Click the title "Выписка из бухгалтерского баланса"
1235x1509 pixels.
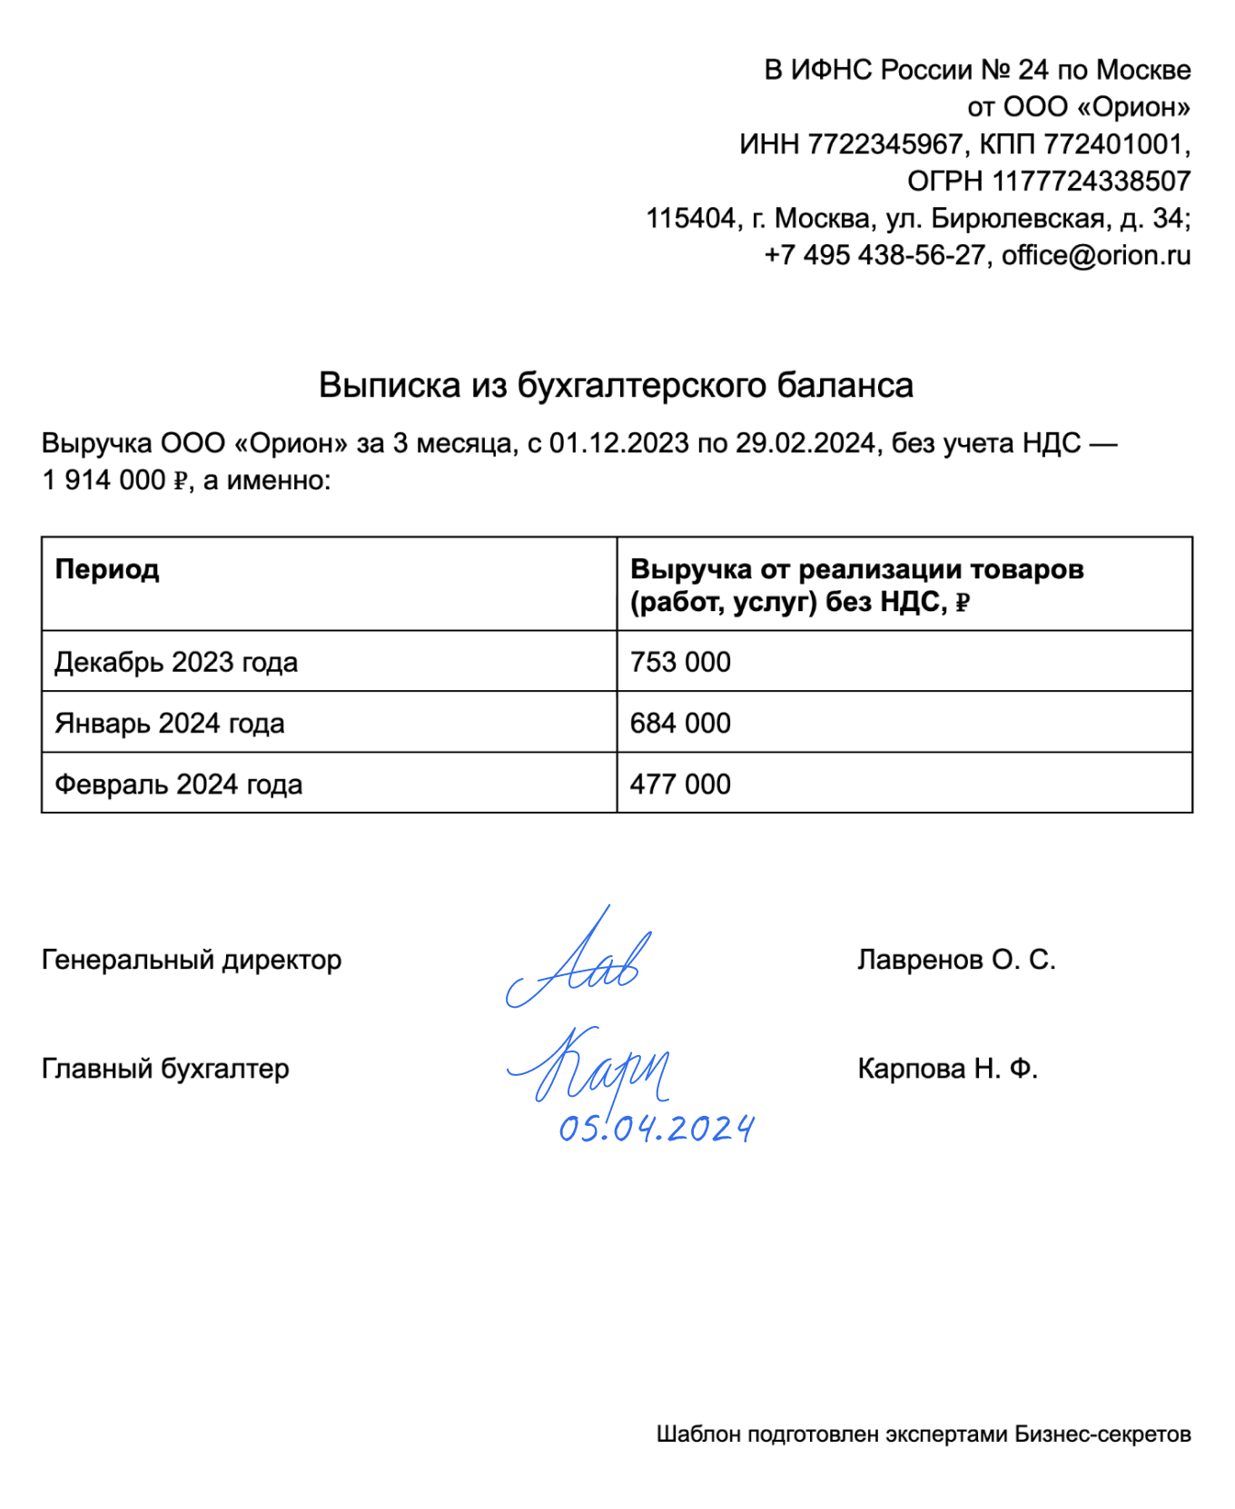tap(616, 385)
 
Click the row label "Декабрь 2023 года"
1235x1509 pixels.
tap(176, 662)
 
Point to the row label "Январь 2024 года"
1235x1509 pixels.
tap(170, 723)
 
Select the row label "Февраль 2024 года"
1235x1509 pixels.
tap(179, 784)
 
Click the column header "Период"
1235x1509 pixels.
tap(107, 569)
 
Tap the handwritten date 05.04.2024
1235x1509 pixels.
tap(656, 1129)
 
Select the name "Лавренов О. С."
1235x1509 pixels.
tap(956, 960)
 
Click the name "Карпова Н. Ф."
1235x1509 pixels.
tap(947, 1069)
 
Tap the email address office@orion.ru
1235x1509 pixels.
tap(1096, 255)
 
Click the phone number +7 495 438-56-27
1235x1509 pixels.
tap(874, 255)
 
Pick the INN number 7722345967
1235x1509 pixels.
tap(884, 144)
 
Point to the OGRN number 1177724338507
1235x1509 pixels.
tap(1091, 182)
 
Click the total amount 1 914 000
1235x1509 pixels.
tap(104, 480)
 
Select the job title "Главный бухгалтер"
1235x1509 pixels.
tap(165, 1069)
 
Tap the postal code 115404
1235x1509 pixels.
tap(690, 219)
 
